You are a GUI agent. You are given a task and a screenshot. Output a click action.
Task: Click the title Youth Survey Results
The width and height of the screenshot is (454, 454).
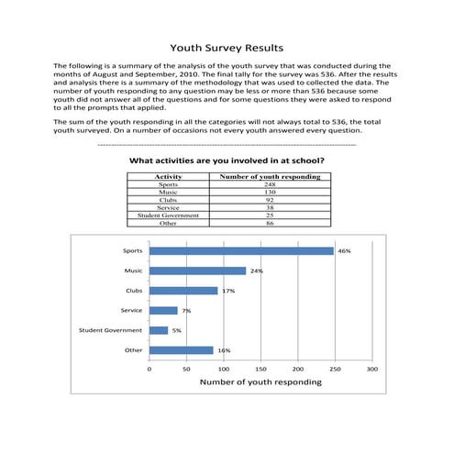point(227,48)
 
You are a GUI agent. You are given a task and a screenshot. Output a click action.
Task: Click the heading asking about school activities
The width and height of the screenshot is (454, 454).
point(227,161)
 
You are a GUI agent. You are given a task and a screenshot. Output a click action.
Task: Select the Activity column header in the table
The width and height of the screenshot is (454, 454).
point(169,176)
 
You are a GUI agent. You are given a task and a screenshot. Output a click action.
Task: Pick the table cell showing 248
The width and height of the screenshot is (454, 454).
point(270,184)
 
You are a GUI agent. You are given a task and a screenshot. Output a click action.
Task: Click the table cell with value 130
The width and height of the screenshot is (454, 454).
point(270,192)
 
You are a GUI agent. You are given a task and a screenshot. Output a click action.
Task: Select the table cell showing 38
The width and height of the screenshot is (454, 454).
point(270,207)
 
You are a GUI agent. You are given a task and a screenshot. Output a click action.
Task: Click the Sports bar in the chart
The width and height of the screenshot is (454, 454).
point(241,250)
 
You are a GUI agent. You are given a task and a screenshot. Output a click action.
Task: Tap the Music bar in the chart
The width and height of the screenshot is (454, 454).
point(197,271)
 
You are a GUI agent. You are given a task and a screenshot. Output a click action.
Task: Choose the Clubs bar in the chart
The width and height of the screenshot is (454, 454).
point(183,291)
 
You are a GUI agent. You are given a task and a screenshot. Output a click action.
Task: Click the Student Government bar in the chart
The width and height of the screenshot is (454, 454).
point(159,330)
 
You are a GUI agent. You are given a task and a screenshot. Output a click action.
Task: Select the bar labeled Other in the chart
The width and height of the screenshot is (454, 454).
point(181,350)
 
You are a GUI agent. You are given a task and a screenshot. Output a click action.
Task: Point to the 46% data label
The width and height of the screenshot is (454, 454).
point(344,250)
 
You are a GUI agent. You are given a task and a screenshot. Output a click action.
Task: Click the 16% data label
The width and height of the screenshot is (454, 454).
point(224,350)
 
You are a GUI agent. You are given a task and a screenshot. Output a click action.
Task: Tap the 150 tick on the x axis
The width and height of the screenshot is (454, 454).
point(260,369)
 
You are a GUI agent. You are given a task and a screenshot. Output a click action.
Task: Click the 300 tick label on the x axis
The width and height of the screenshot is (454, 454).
point(371,369)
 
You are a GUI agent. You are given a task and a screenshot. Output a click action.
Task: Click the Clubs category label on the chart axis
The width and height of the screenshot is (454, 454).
point(133,291)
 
